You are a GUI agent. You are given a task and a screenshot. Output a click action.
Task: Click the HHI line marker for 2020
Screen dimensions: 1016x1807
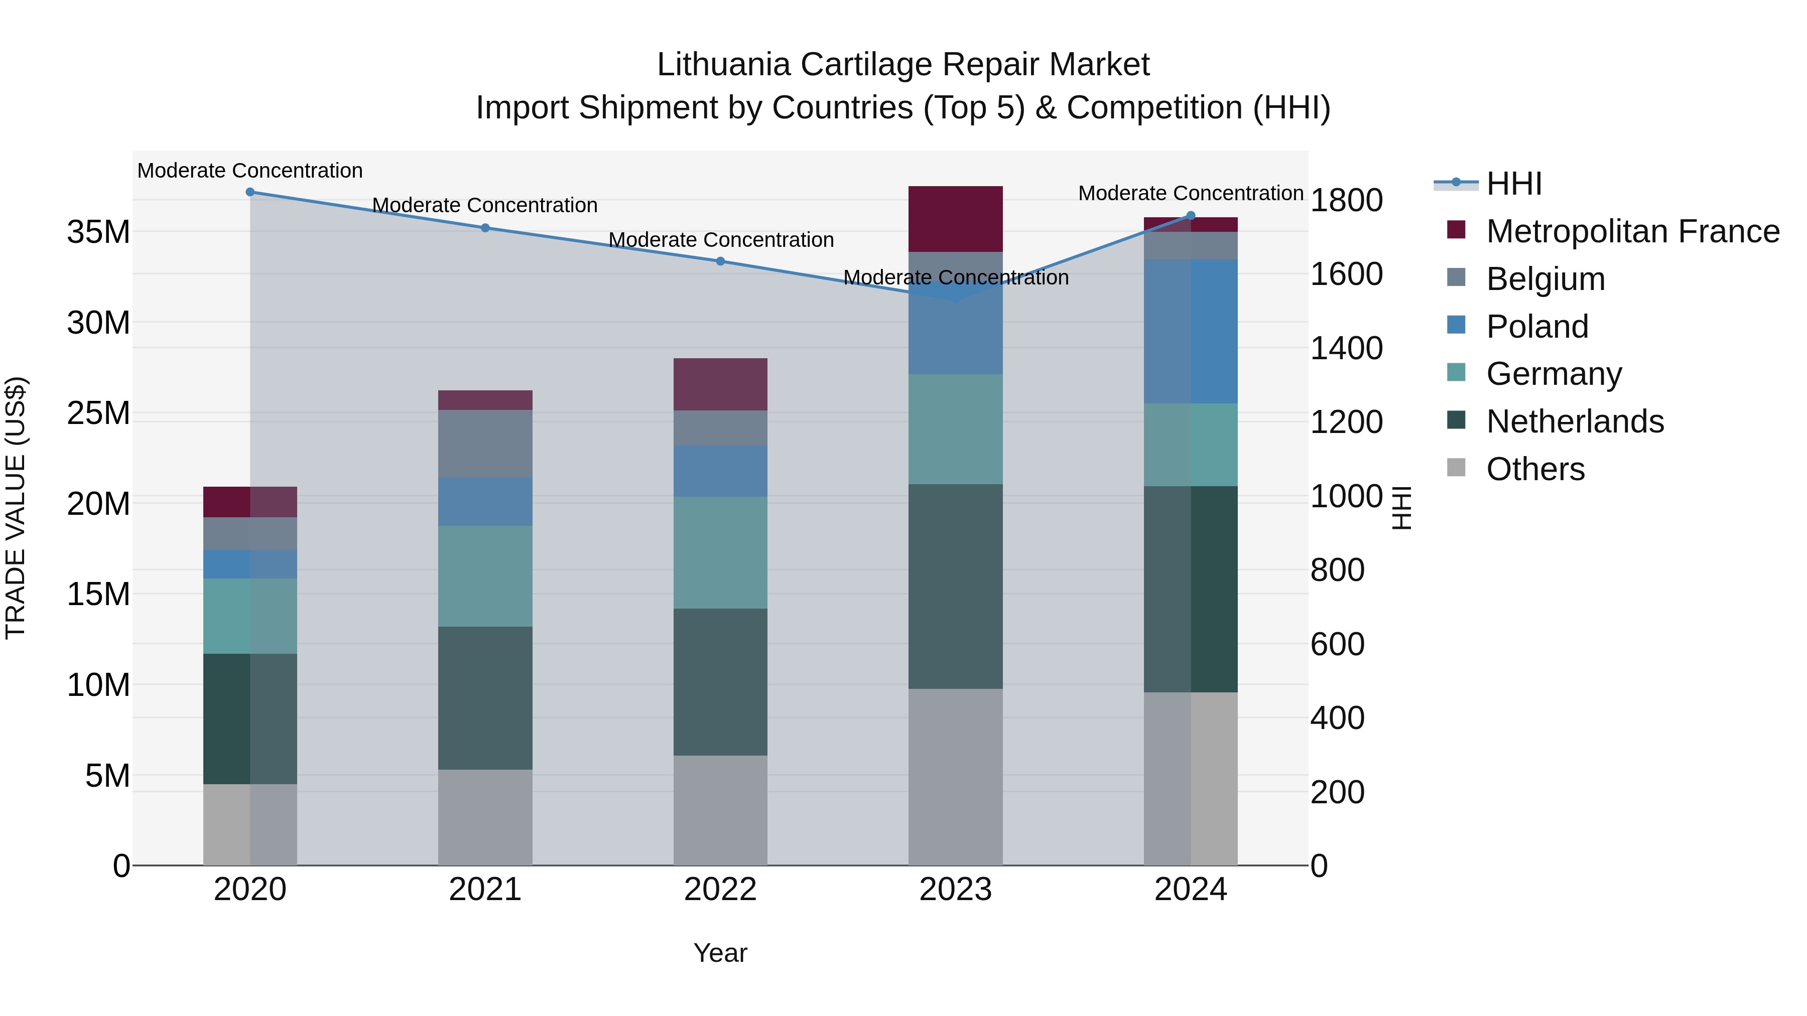pyautogui.click(x=250, y=192)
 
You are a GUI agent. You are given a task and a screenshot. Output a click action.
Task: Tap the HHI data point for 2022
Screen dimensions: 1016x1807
pyautogui.click(x=720, y=261)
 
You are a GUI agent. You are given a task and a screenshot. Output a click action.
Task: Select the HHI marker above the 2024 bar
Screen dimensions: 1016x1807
pyautogui.click(x=1191, y=216)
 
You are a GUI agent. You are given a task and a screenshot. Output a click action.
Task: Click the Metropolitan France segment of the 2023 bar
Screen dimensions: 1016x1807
pyautogui.click(x=955, y=219)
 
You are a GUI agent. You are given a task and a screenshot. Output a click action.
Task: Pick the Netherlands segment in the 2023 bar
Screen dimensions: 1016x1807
pyautogui.click(x=955, y=586)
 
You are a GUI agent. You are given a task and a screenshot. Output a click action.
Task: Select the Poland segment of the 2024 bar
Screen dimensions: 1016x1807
pyautogui.click(x=1191, y=331)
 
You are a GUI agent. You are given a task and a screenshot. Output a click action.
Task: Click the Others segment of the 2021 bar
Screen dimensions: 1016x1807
pyautogui.click(x=485, y=817)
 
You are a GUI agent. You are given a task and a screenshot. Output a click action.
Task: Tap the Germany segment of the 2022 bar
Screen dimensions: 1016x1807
pyautogui.click(x=720, y=552)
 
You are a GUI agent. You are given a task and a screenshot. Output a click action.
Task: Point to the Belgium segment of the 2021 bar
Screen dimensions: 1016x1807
pyautogui.click(x=485, y=444)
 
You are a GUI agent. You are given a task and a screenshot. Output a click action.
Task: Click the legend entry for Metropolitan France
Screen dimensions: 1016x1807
pyautogui.click(x=1632, y=231)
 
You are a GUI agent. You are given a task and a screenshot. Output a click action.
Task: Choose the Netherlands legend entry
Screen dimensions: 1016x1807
pyautogui.click(x=1575, y=421)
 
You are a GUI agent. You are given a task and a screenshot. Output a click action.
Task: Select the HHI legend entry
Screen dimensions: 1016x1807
pyautogui.click(x=1514, y=184)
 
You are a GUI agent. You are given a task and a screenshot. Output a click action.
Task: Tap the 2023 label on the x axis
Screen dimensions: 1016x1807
pyautogui.click(x=955, y=890)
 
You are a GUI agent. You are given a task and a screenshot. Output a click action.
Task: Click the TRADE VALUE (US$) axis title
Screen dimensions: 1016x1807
pyautogui.click(x=16, y=508)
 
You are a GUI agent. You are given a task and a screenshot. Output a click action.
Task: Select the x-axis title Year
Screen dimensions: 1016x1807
pyautogui.click(x=720, y=953)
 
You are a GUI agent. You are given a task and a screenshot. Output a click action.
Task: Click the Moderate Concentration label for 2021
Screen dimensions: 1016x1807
pyautogui.click(x=485, y=205)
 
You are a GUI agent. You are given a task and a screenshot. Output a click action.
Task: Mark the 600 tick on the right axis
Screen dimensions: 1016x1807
pyautogui.click(x=1337, y=644)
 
